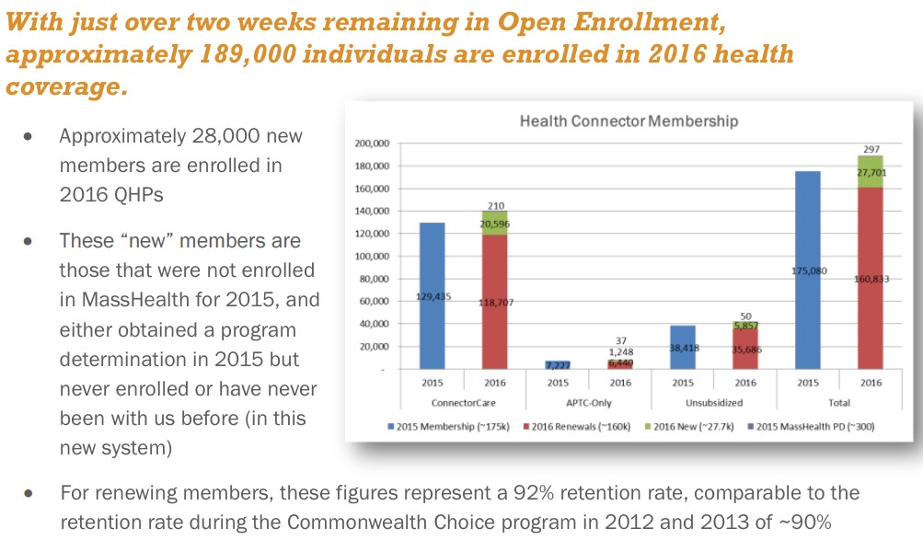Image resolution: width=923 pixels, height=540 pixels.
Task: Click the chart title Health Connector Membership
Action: coord(629,121)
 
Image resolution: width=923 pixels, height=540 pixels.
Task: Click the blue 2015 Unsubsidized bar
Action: coord(682,347)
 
